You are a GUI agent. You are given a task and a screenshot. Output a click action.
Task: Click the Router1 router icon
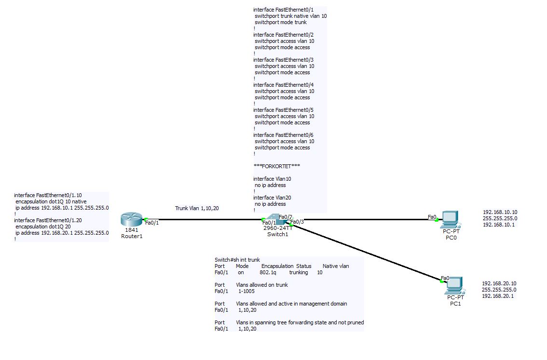pyautogui.click(x=131, y=220)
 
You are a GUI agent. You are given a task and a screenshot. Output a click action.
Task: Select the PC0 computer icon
pyautogui.click(x=450, y=219)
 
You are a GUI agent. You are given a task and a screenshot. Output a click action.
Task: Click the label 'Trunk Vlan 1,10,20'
pyautogui.click(x=196, y=208)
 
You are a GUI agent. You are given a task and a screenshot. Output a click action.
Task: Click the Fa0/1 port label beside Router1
pyautogui.click(x=152, y=223)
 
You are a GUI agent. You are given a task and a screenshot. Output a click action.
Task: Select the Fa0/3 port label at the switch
pyautogui.click(x=297, y=222)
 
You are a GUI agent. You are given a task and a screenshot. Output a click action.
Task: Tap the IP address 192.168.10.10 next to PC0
pyautogui.click(x=500, y=212)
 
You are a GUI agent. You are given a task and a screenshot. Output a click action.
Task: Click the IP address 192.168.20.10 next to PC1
pyautogui.click(x=499, y=283)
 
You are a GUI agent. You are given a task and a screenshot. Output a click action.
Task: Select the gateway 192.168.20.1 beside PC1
pyautogui.click(x=498, y=296)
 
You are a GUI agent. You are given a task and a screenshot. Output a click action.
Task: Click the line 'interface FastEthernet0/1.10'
pyautogui.click(x=48, y=195)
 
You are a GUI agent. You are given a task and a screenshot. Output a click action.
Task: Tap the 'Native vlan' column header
pyautogui.click(x=336, y=266)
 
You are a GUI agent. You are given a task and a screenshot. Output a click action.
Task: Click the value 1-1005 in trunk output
pyautogui.click(x=246, y=291)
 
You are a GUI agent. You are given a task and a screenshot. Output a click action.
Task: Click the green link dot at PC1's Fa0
pyautogui.click(x=442, y=281)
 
